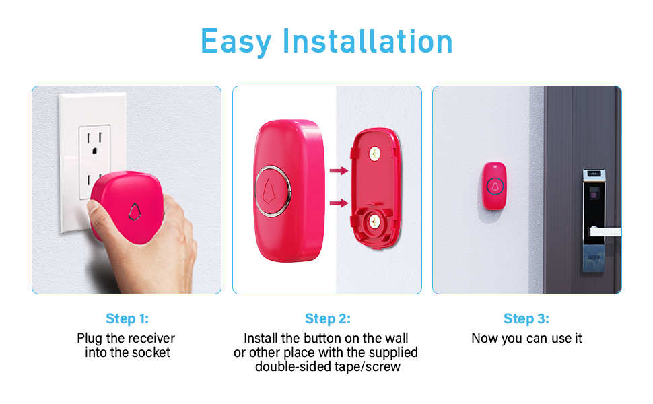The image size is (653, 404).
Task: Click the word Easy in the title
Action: tap(237, 41)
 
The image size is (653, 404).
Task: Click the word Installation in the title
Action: tap(368, 41)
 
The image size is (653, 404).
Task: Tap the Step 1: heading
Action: tap(127, 318)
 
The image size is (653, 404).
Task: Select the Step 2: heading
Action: tap(327, 318)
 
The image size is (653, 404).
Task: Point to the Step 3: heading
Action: tap(526, 318)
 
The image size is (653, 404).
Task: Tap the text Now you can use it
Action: tap(526, 338)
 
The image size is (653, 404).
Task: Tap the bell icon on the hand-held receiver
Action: tap(135, 211)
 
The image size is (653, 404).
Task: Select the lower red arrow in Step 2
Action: tap(339, 203)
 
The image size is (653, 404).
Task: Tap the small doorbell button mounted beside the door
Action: tap(495, 184)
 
